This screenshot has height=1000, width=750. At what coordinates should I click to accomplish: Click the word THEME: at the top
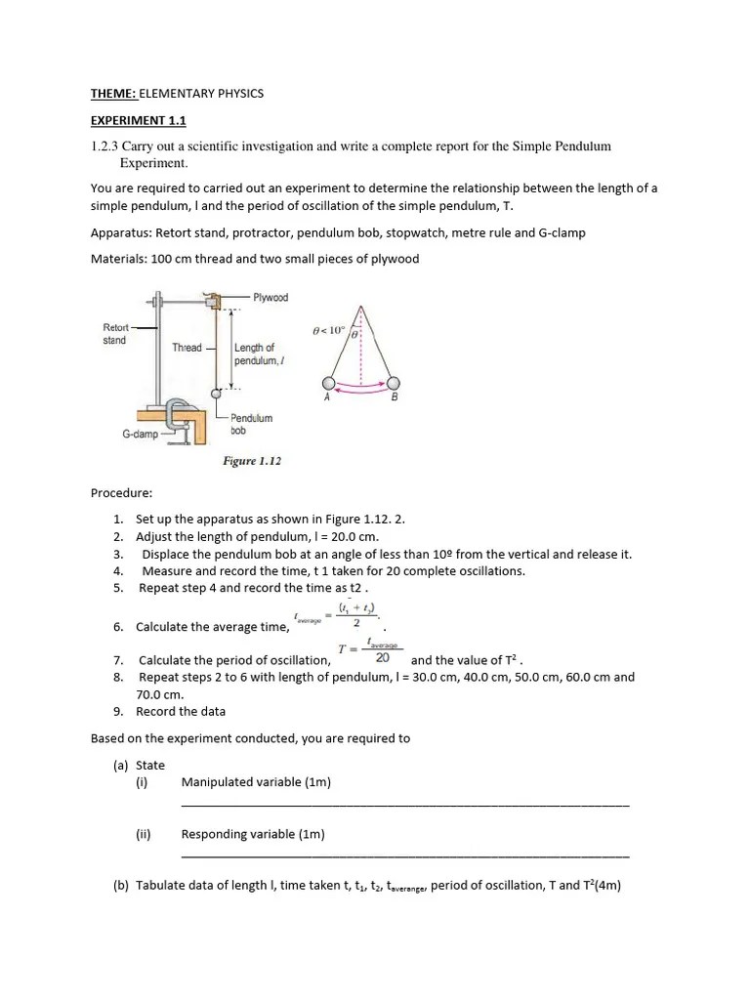point(113,94)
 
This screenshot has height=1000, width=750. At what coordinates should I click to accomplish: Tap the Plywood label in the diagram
point(271,298)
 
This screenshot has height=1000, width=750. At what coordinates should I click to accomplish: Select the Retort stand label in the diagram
point(115,334)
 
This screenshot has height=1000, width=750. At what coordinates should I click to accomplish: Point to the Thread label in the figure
point(187,348)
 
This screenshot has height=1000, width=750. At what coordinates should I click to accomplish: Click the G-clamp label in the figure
point(141,433)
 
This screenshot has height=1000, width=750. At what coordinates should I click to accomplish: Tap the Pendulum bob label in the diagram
point(251,424)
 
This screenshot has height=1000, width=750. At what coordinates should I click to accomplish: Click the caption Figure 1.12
point(252,461)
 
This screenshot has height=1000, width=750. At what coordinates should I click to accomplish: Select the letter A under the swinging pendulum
point(327,397)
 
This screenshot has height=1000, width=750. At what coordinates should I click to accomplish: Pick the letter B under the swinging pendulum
point(395,397)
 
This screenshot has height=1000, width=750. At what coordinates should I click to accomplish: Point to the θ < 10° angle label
point(329,330)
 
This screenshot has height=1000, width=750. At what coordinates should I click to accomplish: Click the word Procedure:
point(121,493)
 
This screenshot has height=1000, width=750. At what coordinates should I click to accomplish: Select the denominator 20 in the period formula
point(383,658)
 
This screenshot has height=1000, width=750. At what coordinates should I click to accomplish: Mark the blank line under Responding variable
point(405,854)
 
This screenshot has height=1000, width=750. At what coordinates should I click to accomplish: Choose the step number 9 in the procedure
point(117,711)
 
